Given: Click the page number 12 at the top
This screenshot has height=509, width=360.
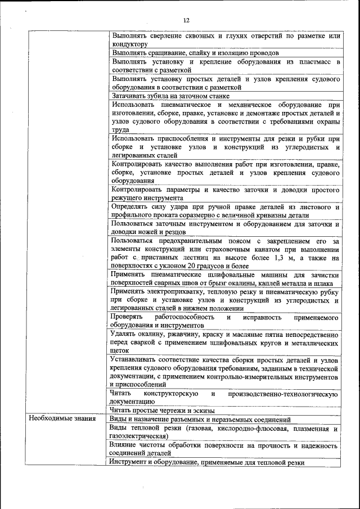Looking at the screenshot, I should pyautogui.click(x=186, y=20).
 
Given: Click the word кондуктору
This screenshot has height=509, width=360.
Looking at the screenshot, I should pyautogui.click(x=130, y=44).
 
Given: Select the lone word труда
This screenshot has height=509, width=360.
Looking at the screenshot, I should pyautogui.click(x=120, y=129).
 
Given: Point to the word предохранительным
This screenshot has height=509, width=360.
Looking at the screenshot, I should pyautogui.click(x=192, y=241).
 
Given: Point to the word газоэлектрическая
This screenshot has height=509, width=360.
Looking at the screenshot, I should pyautogui.click(x=138, y=436).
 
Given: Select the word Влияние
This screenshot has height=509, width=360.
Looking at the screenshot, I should pyautogui.click(x=125, y=445).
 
